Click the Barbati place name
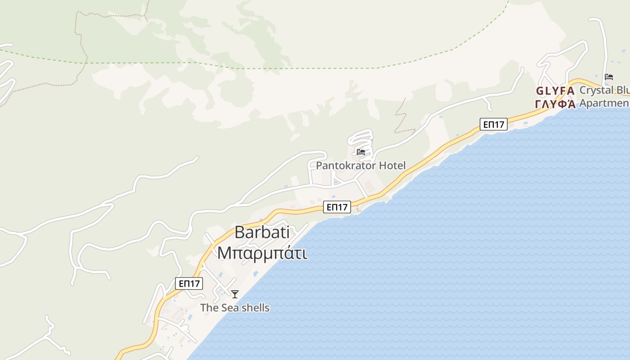[262, 232]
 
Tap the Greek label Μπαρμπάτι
[262, 253]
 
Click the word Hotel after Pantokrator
[392, 166]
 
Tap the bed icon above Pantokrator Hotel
[360, 152]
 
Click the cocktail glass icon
[235, 294]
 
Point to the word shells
[254, 308]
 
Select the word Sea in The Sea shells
[229, 308]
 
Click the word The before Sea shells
[209, 308]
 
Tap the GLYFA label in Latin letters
[555, 91]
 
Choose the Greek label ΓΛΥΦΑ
[555, 104]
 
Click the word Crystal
[596, 90]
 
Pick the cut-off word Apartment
[604, 103]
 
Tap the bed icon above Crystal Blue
[609, 77]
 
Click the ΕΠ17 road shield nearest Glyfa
[494, 124]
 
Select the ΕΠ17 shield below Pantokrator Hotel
[337, 207]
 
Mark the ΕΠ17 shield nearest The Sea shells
[189, 283]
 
